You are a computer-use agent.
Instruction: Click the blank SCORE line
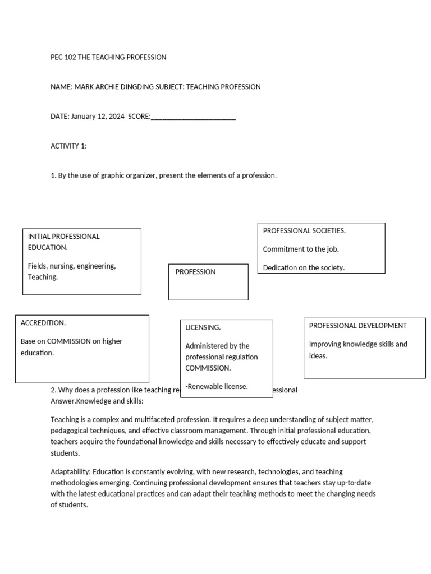(x=193, y=117)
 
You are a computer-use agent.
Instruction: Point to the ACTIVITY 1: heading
(x=68, y=146)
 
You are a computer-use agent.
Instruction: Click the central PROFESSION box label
(x=195, y=272)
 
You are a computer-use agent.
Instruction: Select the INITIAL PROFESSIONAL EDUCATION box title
(x=63, y=242)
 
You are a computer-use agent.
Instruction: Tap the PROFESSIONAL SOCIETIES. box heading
(x=304, y=230)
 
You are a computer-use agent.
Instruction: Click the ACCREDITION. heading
(x=43, y=323)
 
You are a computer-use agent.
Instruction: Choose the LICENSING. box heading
(x=203, y=327)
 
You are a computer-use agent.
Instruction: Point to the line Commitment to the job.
(x=301, y=249)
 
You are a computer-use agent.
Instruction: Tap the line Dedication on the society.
(x=304, y=267)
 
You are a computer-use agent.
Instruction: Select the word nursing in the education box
(x=64, y=266)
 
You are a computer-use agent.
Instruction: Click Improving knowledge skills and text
(x=358, y=344)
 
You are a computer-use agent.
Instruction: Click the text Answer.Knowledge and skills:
(x=97, y=401)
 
